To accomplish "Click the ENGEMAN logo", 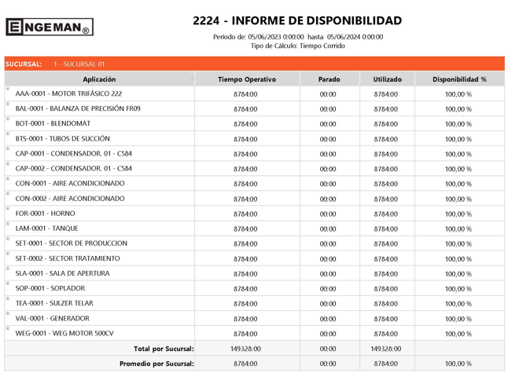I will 49,27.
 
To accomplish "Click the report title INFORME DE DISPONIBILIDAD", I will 297,21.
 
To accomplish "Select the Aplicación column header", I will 99,79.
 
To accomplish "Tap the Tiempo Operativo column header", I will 247,79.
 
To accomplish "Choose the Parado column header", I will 329,79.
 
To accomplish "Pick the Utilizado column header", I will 386,79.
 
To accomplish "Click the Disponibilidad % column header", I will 459,79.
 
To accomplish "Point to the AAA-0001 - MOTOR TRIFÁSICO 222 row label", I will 68,94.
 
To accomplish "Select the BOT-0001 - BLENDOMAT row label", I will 53,124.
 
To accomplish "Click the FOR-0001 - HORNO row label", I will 46,214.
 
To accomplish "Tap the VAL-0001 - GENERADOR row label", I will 53,319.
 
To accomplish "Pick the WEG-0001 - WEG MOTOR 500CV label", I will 64,334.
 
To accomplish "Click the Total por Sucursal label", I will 164,349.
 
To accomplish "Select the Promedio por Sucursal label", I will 156,364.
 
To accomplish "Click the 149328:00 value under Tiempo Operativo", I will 245,349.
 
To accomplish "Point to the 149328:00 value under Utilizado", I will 385,349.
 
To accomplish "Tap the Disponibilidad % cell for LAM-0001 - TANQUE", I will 458,229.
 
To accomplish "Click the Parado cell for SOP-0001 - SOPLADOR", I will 328,289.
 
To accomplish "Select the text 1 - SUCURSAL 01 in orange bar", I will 79,64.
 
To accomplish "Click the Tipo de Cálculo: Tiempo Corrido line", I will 297,46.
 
